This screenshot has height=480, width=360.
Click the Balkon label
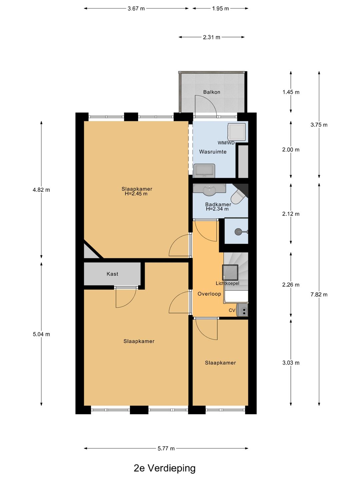click(x=211, y=92)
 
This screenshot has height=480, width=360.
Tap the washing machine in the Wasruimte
click(x=237, y=132)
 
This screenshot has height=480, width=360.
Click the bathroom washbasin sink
click(x=209, y=190)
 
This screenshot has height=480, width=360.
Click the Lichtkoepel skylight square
click(x=230, y=272)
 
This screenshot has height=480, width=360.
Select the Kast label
click(x=112, y=274)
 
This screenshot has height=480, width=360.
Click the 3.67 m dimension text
click(x=136, y=9)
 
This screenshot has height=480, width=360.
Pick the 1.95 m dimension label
click(x=220, y=9)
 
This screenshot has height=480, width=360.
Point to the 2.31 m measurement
click(x=211, y=37)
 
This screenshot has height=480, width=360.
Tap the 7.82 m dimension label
click(x=319, y=295)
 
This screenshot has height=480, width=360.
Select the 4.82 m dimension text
click(x=41, y=190)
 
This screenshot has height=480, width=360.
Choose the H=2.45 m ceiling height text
click(x=136, y=194)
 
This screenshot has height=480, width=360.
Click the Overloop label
click(x=209, y=294)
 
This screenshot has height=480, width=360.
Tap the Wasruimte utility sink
click(x=204, y=171)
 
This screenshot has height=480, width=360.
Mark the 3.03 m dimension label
click(x=291, y=363)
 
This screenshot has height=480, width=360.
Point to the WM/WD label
click(x=226, y=143)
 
